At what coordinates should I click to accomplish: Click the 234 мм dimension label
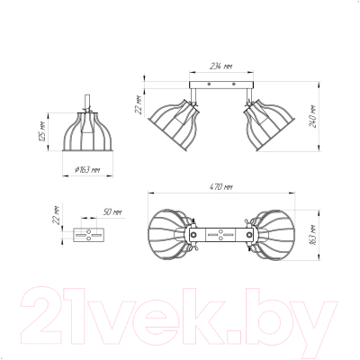220,67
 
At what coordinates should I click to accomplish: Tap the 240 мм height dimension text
313,116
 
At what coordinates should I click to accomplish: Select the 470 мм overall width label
220,187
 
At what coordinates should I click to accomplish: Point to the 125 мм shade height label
42,131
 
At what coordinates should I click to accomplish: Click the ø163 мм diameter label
87,169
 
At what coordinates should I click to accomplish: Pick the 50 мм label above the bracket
112,212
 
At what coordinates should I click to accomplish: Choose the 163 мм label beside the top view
313,235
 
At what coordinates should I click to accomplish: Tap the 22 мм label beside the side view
139,104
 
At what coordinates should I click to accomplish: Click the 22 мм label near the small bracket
56,215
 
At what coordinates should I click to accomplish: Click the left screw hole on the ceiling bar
209,85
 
